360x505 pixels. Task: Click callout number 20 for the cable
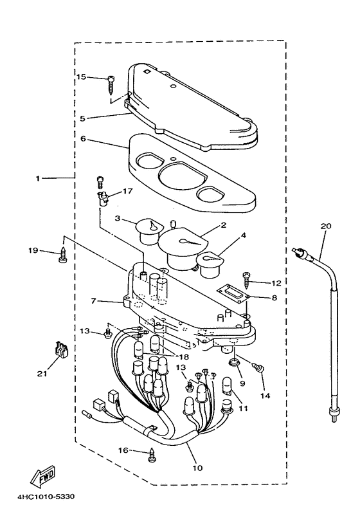click(x=325, y=226)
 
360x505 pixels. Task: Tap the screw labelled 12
click(x=248, y=280)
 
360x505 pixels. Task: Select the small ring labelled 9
click(x=233, y=362)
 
